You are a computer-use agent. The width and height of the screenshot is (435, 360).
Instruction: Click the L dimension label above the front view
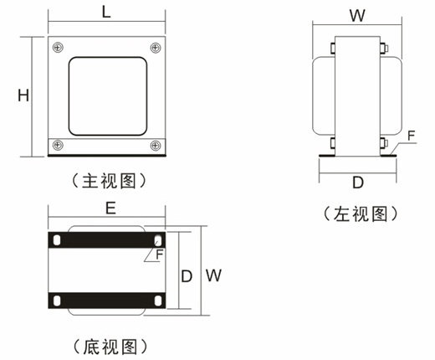tap(106, 13)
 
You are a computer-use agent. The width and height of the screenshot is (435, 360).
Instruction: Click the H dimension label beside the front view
tap(23, 95)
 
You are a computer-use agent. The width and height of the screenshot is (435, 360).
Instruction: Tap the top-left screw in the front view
tap(58, 48)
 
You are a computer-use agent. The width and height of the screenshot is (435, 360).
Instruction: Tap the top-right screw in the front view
tap(156, 48)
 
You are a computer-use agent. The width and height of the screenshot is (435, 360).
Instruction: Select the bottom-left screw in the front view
tap(58, 145)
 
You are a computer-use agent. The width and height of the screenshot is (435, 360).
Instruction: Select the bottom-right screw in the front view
tap(156, 146)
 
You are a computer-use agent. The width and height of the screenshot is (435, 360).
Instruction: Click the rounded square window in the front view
tap(108, 96)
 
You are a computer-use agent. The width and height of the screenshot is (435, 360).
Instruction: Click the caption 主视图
tap(109, 181)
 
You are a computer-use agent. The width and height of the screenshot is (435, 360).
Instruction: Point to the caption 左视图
tap(361, 214)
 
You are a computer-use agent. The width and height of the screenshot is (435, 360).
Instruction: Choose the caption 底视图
tap(110, 347)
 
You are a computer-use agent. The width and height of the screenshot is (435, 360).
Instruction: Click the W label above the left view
tap(357, 16)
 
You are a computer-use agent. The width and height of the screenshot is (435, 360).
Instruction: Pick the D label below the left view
tap(358, 183)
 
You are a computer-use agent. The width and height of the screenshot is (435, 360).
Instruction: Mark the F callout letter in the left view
tap(412, 136)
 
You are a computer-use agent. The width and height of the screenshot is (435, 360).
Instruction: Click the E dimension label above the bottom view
tap(110, 208)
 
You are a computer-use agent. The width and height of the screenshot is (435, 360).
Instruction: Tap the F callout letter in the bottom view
tap(160, 255)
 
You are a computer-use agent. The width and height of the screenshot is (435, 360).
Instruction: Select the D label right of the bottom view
tap(187, 276)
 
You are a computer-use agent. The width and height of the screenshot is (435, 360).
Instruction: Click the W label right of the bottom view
tap(213, 275)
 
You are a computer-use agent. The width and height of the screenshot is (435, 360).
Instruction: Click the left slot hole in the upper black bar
tap(57, 240)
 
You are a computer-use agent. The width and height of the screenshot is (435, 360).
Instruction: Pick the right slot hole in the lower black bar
tap(158, 301)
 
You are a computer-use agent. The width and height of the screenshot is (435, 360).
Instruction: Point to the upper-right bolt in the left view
tap(383, 48)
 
